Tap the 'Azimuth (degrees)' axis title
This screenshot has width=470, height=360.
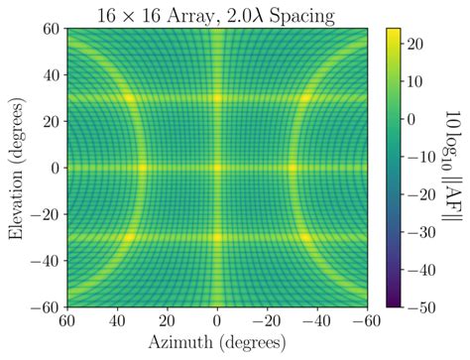click(217, 344)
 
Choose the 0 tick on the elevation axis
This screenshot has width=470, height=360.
click(53, 168)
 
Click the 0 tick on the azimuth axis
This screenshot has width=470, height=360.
click(217, 321)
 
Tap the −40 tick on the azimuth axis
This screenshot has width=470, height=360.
click(318, 321)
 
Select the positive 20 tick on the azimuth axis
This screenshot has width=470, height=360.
click(168, 321)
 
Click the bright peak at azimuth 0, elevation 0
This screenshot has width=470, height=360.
click(217, 168)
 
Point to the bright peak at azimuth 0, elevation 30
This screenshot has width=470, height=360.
click(217, 97)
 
